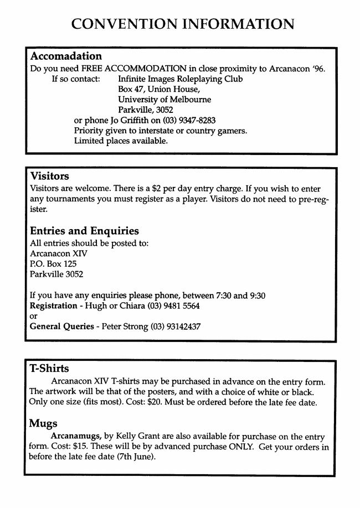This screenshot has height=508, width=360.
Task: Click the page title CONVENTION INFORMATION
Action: click(183, 24)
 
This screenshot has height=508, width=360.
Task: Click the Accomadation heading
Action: click(66, 56)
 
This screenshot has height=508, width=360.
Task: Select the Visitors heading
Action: click(49, 177)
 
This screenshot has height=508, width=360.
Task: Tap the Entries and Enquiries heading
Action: click(84, 231)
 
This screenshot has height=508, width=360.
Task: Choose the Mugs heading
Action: click(43, 423)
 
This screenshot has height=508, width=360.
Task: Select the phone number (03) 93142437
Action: click(175, 326)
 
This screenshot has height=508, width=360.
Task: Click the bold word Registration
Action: click(53, 305)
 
